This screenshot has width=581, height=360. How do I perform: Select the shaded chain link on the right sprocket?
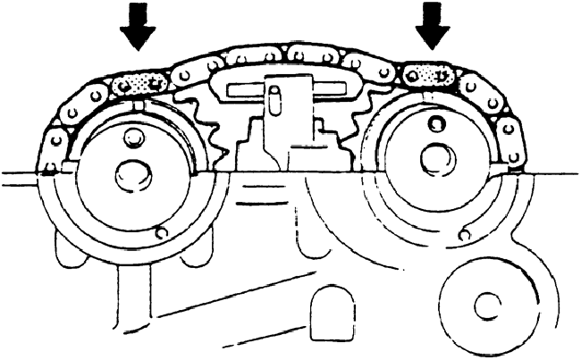tap(428, 77)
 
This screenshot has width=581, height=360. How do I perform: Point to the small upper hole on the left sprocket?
tap(135, 138)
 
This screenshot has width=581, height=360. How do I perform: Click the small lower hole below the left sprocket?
tap(160, 233)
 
